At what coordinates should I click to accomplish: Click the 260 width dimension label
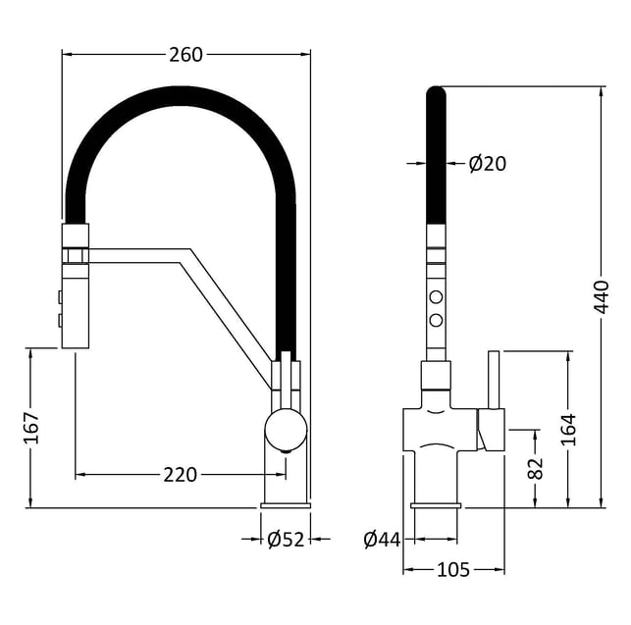click(185, 55)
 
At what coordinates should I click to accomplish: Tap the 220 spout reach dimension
click(180, 475)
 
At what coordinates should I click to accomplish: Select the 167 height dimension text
click(31, 429)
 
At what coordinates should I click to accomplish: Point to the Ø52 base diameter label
click(286, 539)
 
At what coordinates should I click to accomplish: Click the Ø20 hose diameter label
click(487, 164)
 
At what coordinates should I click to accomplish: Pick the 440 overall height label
click(603, 296)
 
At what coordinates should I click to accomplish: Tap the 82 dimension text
click(536, 468)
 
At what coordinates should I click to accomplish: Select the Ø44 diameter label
click(382, 539)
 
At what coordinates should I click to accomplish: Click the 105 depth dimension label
click(452, 569)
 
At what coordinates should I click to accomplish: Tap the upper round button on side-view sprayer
click(436, 297)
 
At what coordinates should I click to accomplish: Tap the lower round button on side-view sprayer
click(436, 319)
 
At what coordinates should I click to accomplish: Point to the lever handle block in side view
click(490, 429)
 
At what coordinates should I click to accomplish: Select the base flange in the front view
click(286, 504)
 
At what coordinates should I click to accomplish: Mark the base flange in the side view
click(436, 504)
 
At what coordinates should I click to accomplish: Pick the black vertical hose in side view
click(436, 157)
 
